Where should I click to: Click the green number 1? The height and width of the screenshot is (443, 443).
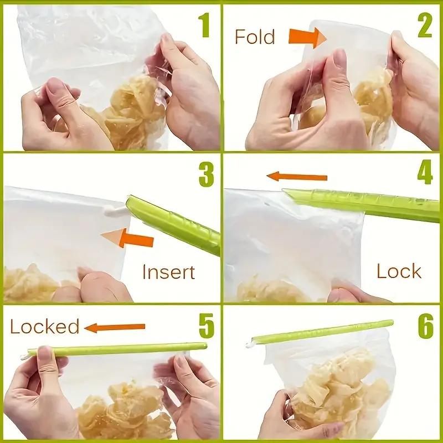point(204,25)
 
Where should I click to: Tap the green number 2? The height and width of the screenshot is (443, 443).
point(425,25)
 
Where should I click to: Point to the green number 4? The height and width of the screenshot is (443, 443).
point(425,172)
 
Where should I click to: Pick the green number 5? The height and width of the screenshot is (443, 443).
point(207,326)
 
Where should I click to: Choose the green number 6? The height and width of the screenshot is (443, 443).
point(425,326)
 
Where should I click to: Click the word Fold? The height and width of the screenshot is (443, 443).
point(255,37)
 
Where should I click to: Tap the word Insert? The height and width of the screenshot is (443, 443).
point(169,272)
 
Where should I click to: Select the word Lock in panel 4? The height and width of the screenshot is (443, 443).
point(399,271)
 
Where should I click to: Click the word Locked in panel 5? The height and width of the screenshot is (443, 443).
point(45,326)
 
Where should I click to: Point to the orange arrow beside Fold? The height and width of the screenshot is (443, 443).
point(307,38)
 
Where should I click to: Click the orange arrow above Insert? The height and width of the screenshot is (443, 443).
point(127,238)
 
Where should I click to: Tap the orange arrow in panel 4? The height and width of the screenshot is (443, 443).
point(297,177)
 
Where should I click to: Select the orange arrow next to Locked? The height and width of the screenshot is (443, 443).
point(115,327)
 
